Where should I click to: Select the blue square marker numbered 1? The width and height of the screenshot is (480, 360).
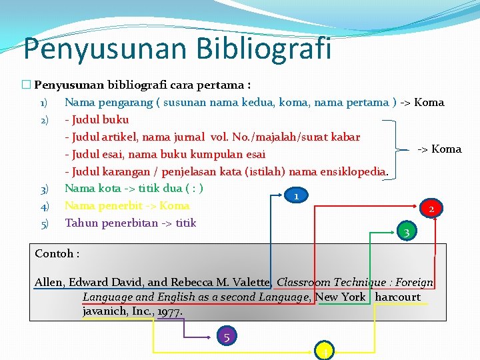[295, 196]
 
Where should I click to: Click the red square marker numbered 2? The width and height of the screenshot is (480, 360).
[431, 209]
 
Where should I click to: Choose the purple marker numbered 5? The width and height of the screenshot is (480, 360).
[227, 337]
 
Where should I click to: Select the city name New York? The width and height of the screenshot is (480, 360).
[341, 297]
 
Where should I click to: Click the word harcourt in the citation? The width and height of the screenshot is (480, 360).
[398, 297]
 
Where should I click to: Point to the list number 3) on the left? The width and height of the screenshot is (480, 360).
[43, 189]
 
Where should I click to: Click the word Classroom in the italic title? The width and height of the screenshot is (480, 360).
[305, 282]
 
